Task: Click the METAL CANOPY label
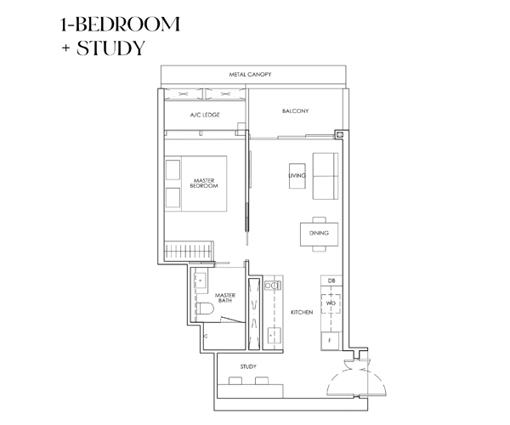[250, 75]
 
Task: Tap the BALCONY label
[295, 110]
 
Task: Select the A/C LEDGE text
[205, 115]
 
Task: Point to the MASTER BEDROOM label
[204, 183]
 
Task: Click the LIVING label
[297, 176]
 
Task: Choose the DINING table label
[319, 233]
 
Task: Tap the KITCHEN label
[302, 312]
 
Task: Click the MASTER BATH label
[225, 297]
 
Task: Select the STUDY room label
[248, 366]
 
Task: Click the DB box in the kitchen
[331, 280]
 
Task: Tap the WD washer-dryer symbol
[331, 303]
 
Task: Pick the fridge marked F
[330, 341]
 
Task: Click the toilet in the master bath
[205, 309]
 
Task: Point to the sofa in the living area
[326, 176]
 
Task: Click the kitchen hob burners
[273, 286]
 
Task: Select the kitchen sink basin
[274, 336]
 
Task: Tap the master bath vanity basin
[201, 280]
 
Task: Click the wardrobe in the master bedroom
[189, 251]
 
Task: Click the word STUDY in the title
[110, 48]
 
